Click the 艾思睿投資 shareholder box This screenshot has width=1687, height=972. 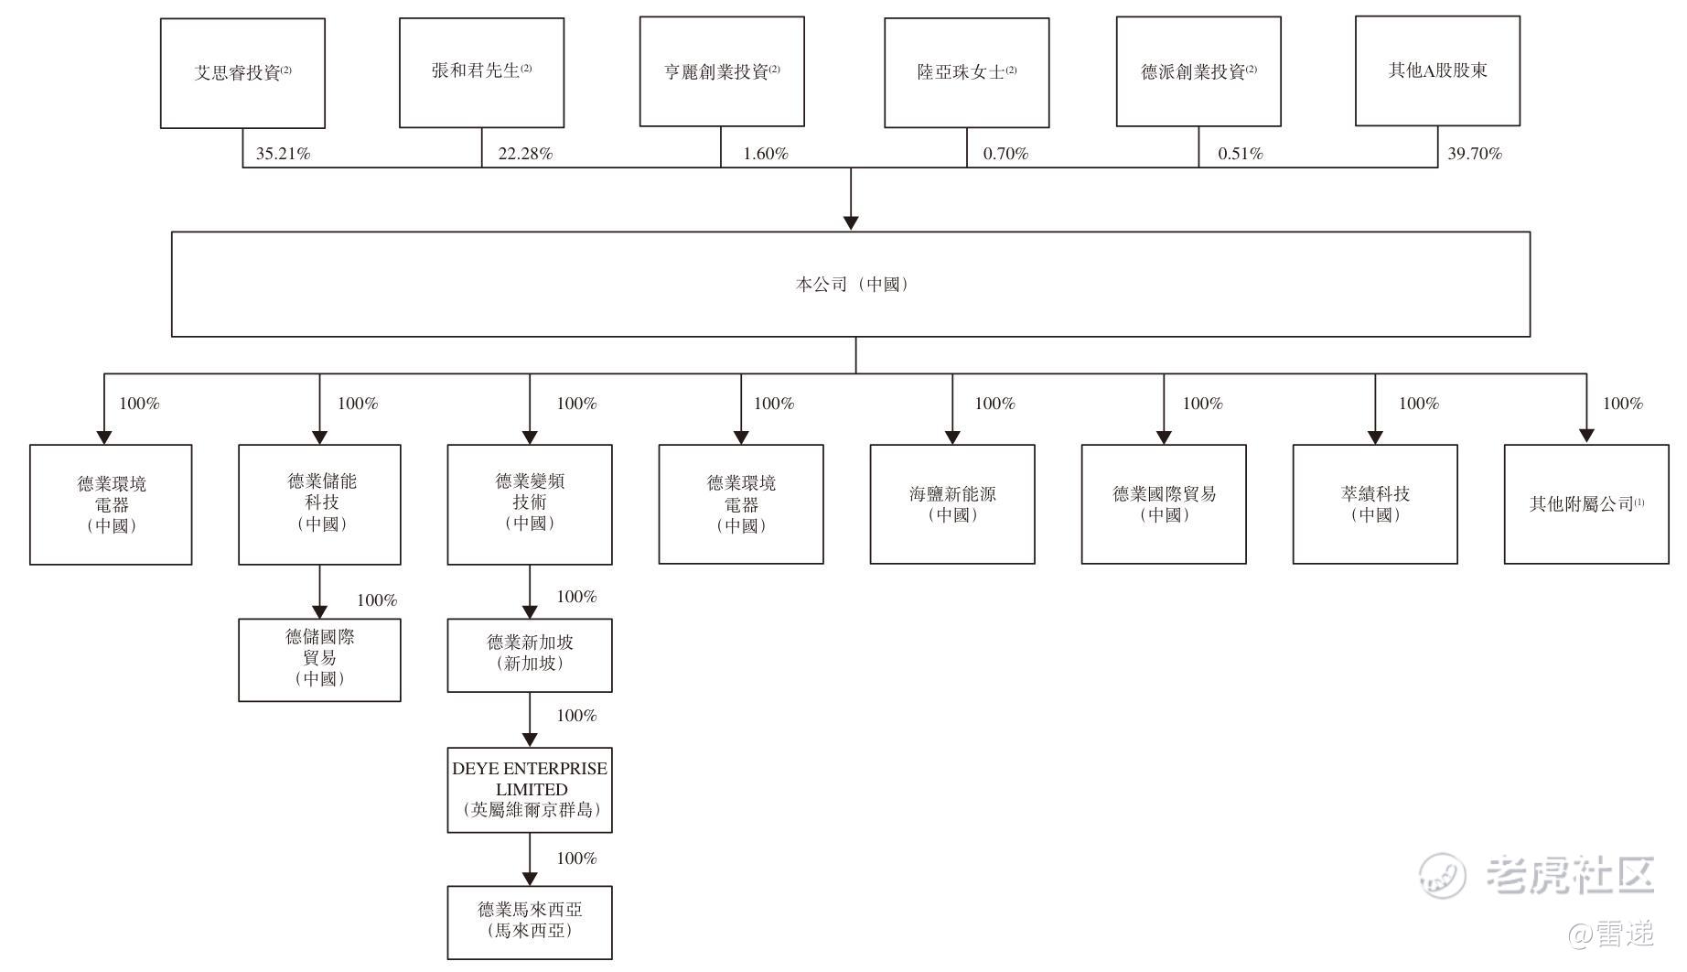pyautogui.click(x=242, y=73)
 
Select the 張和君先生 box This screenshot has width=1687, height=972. pyautogui.click(x=481, y=72)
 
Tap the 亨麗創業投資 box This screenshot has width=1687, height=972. pyautogui.click(x=722, y=71)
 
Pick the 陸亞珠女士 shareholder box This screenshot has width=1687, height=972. pyautogui.click(x=966, y=72)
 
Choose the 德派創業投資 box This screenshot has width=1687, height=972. pyautogui.click(x=1198, y=71)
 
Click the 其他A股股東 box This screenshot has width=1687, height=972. pyautogui.click(x=1437, y=70)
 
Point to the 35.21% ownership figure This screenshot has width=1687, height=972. pyautogui.click(x=283, y=154)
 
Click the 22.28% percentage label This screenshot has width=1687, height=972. pyautogui.click(x=525, y=154)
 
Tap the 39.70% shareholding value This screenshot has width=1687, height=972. pyautogui.click(x=1474, y=154)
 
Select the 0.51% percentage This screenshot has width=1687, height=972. pyautogui.click(x=1240, y=154)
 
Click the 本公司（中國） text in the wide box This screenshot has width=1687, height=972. pyautogui.click(x=851, y=285)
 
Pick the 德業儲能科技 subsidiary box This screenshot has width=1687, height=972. pyautogui.click(x=319, y=504)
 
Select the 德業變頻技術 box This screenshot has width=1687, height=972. pyautogui.click(x=530, y=504)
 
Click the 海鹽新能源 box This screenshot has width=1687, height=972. pyautogui.click(x=952, y=504)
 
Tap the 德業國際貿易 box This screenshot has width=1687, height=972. pyautogui.click(x=1164, y=504)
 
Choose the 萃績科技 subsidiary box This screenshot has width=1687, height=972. pyautogui.click(x=1375, y=504)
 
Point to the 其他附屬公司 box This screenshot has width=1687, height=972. pyautogui.click(x=1586, y=504)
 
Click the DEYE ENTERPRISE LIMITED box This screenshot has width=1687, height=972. pyautogui.click(x=530, y=790)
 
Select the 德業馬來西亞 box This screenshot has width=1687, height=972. pyautogui.click(x=530, y=922)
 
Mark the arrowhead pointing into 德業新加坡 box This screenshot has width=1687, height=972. pyautogui.click(x=530, y=612)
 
